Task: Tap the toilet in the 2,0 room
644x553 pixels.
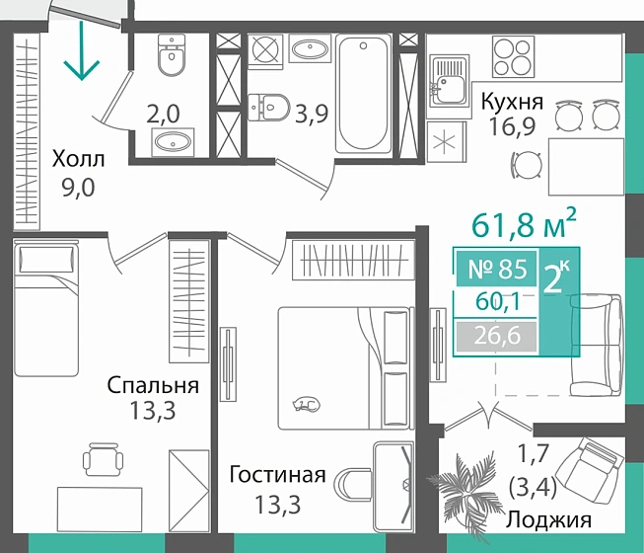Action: [x=173, y=58]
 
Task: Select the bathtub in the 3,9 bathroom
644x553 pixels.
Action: [x=363, y=94]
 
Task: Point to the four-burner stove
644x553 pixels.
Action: [x=512, y=54]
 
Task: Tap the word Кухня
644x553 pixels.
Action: [x=511, y=102]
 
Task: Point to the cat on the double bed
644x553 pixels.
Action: [x=307, y=402]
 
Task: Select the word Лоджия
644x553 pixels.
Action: [x=549, y=520]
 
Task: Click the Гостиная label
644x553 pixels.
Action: [x=277, y=475]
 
